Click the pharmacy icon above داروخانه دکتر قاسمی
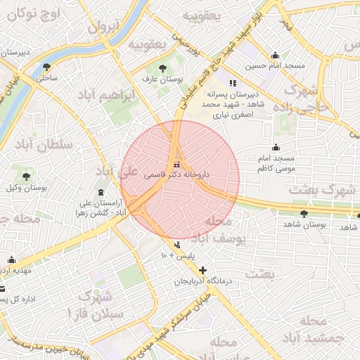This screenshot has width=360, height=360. click(176, 165)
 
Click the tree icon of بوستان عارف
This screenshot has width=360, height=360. click(163, 69)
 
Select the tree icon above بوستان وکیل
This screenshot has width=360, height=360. click(27, 176)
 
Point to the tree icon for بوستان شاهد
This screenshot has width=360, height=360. click(304, 214)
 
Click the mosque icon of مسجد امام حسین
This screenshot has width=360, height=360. click(275, 55)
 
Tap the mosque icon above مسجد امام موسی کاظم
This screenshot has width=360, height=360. click(276, 148)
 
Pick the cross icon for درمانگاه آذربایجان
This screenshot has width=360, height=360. click(203, 270)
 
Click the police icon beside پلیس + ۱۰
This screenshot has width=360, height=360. click(176, 245)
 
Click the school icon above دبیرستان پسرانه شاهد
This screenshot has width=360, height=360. click(233, 82)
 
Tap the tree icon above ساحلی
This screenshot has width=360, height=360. click(47, 67)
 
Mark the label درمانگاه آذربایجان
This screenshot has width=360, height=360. click(208, 281)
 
